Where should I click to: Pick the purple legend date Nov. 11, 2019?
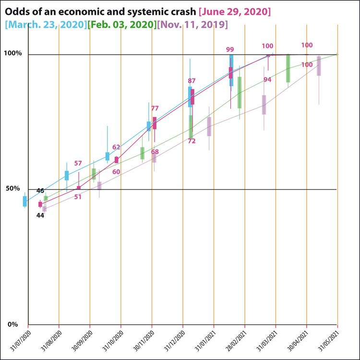click(x=192, y=24)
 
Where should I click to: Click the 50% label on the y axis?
click(x=14, y=189)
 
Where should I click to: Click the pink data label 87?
click(x=192, y=81)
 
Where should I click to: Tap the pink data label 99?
click(x=230, y=49)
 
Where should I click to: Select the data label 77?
click(x=155, y=108)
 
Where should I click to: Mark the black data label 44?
click(x=40, y=216)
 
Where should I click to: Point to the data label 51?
click(x=78, y=196)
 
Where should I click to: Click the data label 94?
click(x=267, y=80)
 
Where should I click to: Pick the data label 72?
click(x=192, y=141)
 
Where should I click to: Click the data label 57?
click(x=78, y=164)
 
